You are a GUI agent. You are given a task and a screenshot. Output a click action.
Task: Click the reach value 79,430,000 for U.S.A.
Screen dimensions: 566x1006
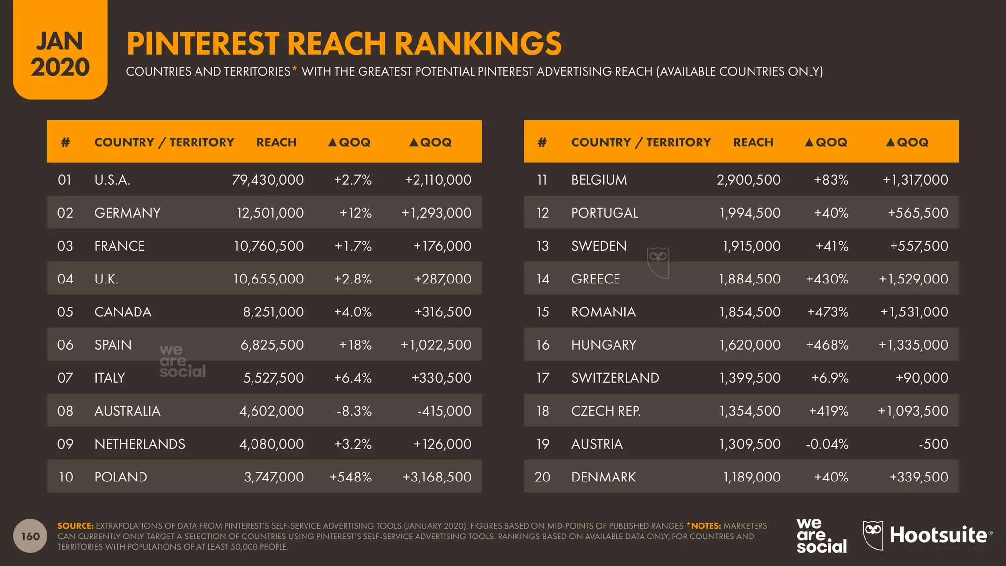(x=268, y=180)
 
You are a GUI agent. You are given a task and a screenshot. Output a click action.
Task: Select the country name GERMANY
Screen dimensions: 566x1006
(x=127, y=213)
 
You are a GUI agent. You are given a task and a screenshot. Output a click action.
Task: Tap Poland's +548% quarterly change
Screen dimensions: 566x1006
(x=350, y=477)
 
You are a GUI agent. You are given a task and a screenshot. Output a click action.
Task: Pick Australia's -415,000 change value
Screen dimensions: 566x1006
(x=444, y=411)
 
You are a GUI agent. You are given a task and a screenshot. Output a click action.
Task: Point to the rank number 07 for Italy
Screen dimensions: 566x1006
(x=65, y=378)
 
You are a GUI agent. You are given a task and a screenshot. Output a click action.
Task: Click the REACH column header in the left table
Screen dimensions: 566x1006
(x=276, y=142)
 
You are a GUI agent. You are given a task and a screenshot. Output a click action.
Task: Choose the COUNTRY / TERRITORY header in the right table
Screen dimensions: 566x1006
(x=641, y=142)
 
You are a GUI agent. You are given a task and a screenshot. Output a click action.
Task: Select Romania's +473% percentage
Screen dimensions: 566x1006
(x=828, y=312)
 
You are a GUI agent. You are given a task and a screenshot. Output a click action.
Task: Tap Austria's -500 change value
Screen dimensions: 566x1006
(x=933, y=444)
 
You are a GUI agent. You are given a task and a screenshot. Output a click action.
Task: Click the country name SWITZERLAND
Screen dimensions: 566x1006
(x=615, y=378)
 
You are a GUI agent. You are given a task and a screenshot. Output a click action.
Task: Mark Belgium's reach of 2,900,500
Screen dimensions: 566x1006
(x=748, y=180)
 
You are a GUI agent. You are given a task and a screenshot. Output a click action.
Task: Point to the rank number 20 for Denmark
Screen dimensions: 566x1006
(x=542, y=477)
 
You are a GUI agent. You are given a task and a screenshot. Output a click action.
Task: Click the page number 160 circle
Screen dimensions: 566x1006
(x=30, y=536)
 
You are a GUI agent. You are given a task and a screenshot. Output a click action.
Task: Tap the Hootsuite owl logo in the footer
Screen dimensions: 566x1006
(x=873, y=535)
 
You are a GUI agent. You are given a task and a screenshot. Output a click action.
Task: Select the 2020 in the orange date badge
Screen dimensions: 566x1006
(x=60, y=67)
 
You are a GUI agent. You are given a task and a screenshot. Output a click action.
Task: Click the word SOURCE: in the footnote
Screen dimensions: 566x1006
(x=75, y=526)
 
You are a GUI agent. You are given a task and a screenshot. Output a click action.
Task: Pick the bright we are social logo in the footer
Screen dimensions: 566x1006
(x=821, y=536)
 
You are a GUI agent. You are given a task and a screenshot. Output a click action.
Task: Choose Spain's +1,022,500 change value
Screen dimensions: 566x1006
(x=436, y=345)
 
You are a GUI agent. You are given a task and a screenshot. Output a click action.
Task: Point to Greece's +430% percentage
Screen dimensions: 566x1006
(x=827, y=279)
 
